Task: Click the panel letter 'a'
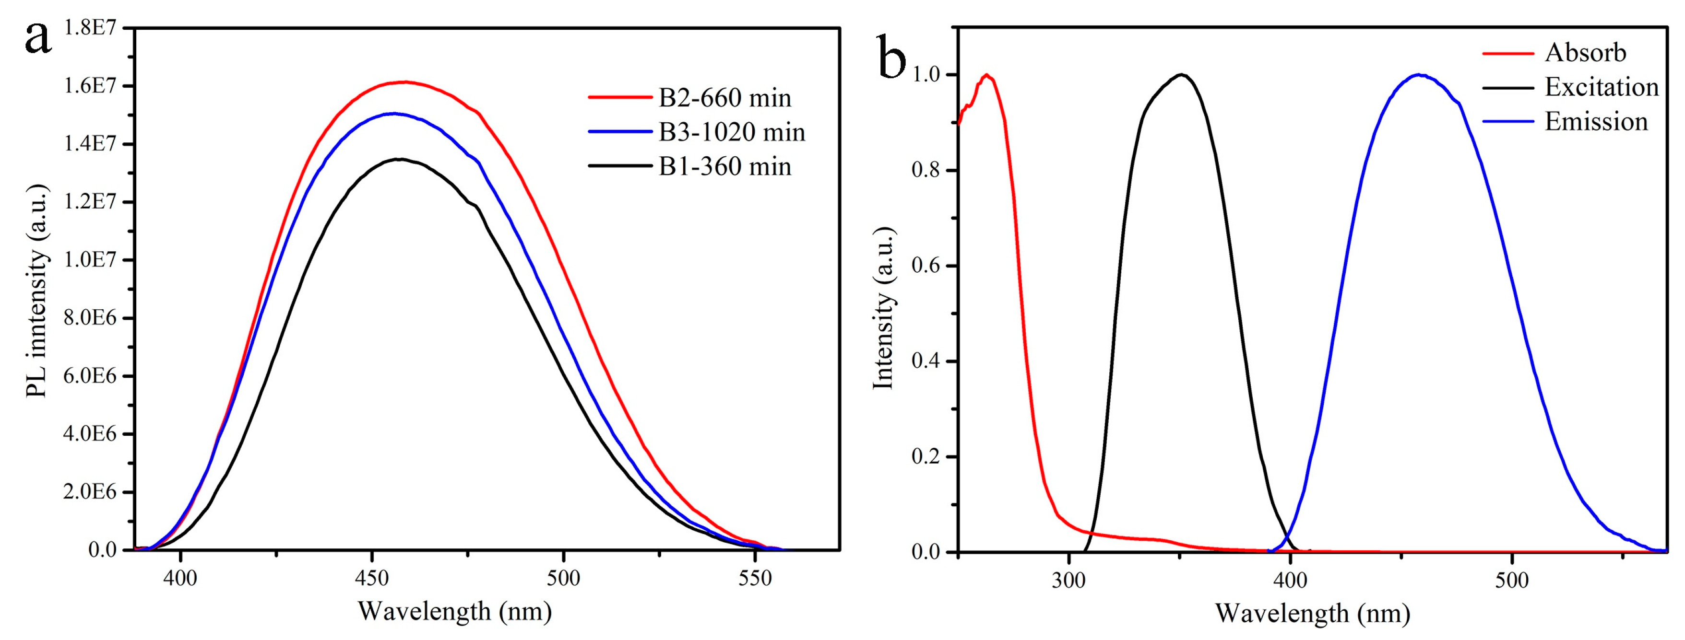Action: coord(38,38)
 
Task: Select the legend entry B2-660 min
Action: coord(724,98)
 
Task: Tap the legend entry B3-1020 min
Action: coord(731,133)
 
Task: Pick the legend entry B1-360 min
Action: coord(724,167)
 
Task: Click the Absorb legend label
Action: coord(1585,53)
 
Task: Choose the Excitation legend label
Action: coord(1601,87)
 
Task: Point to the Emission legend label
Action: coord(1595,122)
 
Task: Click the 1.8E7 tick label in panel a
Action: coord(90,28)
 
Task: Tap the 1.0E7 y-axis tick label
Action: coord(90,260)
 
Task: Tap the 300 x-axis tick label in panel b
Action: coord(1068,581)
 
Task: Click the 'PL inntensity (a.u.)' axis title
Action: coord(37,291)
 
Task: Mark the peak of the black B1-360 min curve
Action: coord(398,159)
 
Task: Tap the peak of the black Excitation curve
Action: coord(1181,74)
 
